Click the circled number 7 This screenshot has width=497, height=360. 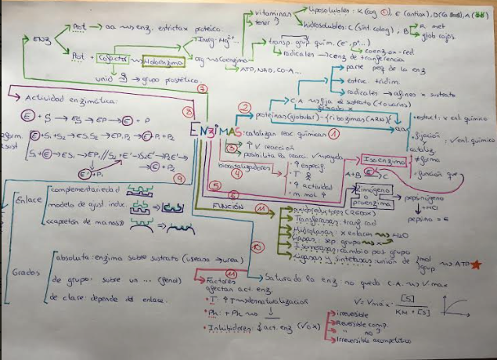pyautogui.click(x=201, y=91)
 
